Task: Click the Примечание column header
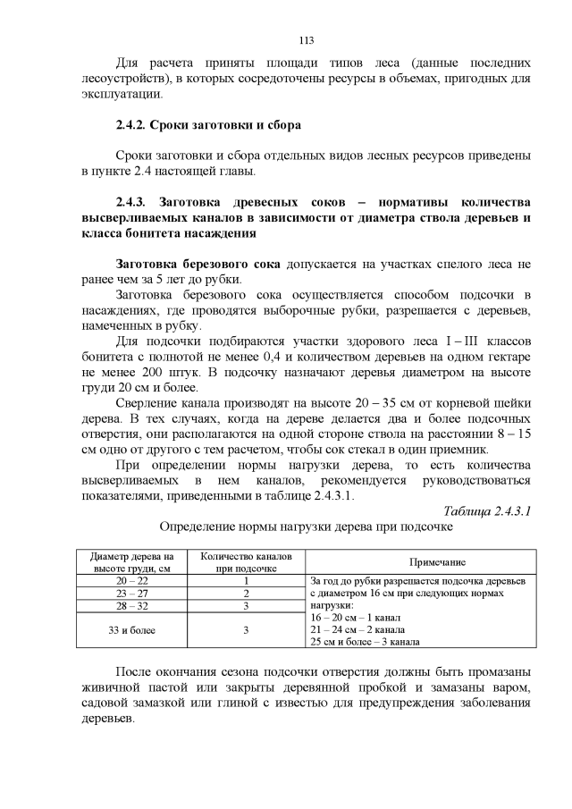click(437, 562)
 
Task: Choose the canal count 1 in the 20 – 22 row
click(245, 581)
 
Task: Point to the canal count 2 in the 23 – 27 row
click(245, 594)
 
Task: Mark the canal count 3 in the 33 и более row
click(245, 629)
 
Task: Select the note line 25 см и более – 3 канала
click(366, 642)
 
